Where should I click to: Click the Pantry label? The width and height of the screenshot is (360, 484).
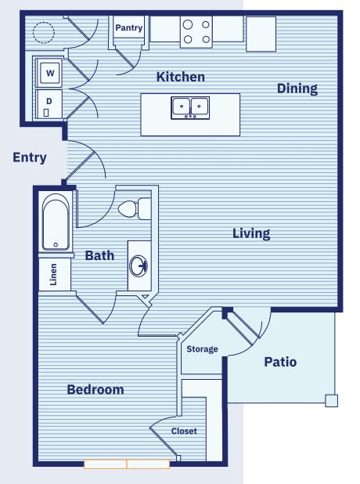tap(128, 28)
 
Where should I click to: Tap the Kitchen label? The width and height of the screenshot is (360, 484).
tap(181, 77)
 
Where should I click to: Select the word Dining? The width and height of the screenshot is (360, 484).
tap(297, 89)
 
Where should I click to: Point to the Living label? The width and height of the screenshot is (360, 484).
tap(251, 233)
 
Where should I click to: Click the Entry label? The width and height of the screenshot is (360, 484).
tap(30, 157)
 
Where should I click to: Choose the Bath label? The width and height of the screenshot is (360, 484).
tap(99, 255)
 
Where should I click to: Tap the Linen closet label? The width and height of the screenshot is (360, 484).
tap(53, 274)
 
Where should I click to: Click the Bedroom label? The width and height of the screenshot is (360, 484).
tap(95, 389)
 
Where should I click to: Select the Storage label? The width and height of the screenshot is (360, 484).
tap(202, 349)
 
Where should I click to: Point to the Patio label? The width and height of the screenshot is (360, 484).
tap(280, 362)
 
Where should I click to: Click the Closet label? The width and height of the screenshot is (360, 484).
tap(184, 431)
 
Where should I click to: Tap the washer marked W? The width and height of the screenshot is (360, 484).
tap(49, 73)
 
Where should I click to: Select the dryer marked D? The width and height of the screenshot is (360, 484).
tap(49, 104)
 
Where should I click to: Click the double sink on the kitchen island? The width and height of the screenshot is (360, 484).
tap(190, 108)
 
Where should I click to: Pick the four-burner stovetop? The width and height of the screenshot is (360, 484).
tap(196, 32)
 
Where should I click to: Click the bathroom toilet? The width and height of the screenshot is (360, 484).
tap(135, 209)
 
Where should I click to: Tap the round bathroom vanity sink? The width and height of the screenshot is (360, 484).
tap(139, 265)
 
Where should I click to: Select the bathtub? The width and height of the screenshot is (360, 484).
tap(56, 222)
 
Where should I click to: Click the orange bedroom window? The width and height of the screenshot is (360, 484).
tap(127, 464)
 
